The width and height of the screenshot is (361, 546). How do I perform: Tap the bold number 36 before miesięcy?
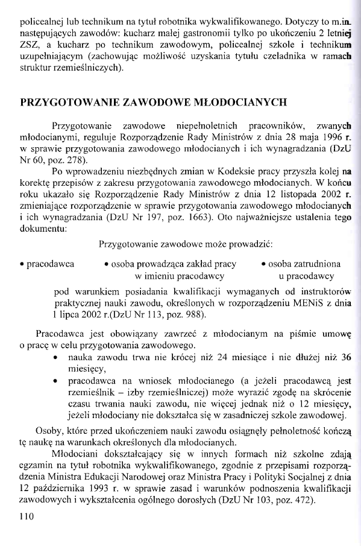(345, 357)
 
